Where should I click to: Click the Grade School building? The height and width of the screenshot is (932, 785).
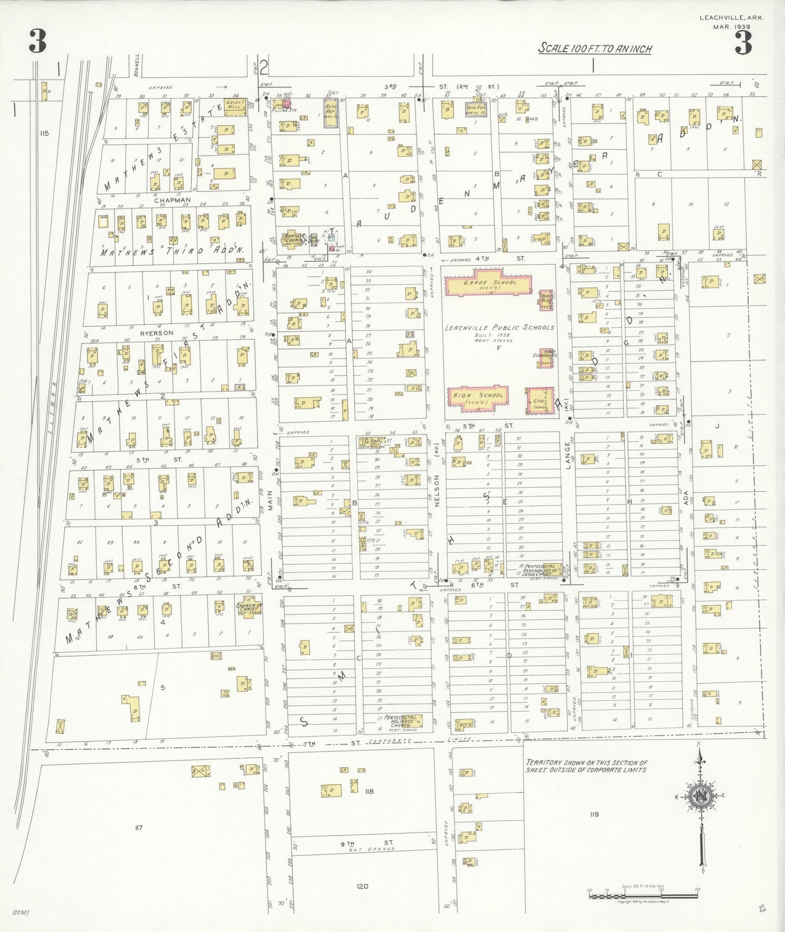488,285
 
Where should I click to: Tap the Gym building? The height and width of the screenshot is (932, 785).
539,402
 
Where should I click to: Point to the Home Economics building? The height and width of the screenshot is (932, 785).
546,358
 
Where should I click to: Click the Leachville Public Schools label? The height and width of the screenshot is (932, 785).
499,328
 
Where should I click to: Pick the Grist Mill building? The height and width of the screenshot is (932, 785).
235,104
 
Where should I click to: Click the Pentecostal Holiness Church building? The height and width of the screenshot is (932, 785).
403,721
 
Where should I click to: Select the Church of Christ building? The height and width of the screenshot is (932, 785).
249,607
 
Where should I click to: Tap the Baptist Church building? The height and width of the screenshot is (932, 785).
292,238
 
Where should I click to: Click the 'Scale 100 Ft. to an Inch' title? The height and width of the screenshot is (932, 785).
595,48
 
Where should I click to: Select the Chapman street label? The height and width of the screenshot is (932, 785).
172,200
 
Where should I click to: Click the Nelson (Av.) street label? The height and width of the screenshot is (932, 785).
436,490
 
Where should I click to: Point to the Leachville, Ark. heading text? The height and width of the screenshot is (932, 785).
731,18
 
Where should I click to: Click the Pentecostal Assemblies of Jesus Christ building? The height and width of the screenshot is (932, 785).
540,570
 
